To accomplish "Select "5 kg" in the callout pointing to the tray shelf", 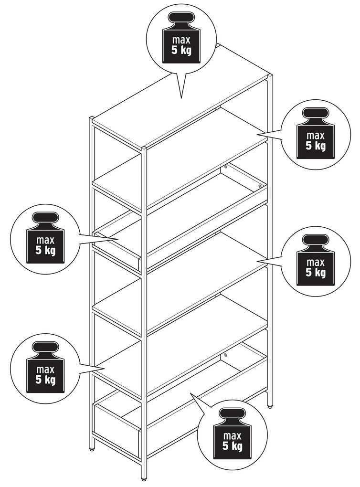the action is (45, 250).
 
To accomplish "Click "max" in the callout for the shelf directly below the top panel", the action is (316, 136).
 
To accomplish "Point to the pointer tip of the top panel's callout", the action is (181, 98).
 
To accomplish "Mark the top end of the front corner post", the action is (144, 148).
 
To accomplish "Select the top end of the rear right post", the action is (270, 76).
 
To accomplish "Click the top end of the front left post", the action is (92, 118).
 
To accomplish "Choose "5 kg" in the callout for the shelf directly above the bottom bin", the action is (45, 379).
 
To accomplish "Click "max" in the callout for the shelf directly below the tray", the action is (316, 263).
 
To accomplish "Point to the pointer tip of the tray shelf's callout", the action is (118, 239).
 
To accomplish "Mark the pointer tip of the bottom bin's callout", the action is (191, 393).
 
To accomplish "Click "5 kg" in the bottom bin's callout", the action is (233, 446).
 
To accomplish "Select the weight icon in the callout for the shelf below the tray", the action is (316, 260).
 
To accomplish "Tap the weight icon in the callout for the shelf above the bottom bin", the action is (46, 368).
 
